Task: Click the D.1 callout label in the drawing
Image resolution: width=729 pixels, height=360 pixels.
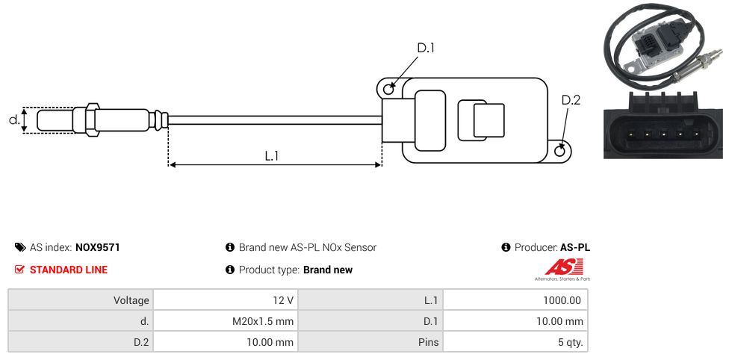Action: [x=425, y=48]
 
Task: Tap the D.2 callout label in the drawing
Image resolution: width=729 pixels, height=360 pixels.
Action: [x=570, y=100]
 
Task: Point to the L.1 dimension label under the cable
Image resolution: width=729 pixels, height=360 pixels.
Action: [x=272, y=155]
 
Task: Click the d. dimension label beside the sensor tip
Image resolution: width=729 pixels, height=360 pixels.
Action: [x=13, y=120]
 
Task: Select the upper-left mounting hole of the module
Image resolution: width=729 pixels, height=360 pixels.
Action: [x=388, y=89]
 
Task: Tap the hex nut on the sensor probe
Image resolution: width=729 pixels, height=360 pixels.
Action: [x=92, y=120]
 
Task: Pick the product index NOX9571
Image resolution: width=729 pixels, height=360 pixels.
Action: [x=97, y=247]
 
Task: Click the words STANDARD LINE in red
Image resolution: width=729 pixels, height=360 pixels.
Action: [x=68, y=270]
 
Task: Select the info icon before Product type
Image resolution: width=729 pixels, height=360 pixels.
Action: [x=230, y=270]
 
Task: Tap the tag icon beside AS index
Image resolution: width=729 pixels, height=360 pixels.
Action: [x=20, y=247]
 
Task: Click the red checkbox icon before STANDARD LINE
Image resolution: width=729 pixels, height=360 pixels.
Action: [x=20, y=270]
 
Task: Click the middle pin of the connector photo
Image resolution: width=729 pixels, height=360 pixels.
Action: [x=663, y=134]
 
